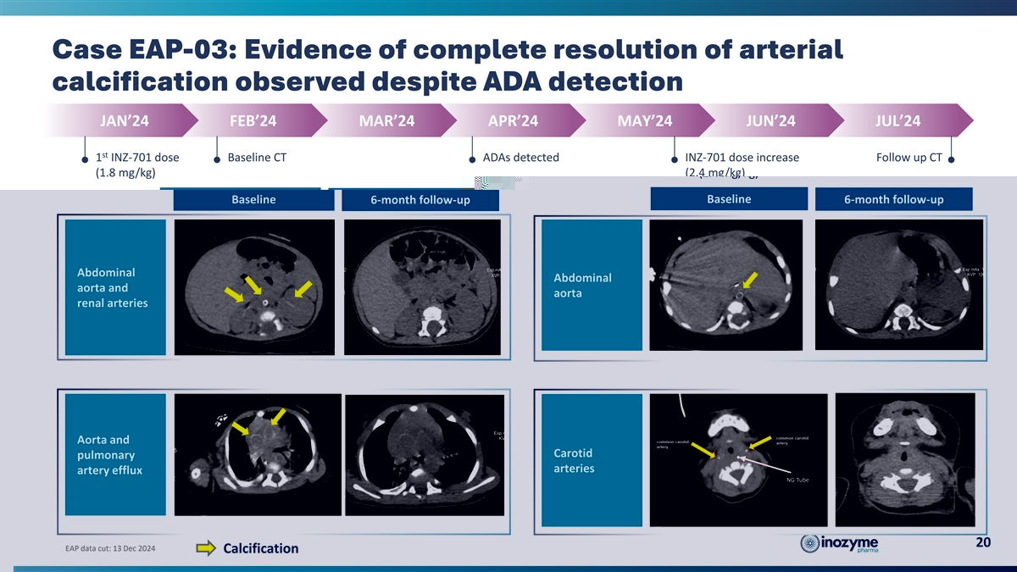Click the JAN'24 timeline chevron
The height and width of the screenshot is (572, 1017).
124,120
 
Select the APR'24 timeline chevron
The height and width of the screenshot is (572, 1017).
513,120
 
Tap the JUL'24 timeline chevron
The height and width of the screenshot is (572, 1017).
898,120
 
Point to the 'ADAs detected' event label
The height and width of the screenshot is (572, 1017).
520,158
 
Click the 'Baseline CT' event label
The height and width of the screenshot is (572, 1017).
258,158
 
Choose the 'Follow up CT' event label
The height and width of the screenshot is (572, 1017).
909,158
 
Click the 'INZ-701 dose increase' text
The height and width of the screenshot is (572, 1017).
742,158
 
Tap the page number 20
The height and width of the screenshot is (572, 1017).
982,543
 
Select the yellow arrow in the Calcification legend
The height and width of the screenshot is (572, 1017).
206,548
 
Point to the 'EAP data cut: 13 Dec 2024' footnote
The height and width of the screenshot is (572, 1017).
110,548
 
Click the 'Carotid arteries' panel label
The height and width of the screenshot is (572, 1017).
574,460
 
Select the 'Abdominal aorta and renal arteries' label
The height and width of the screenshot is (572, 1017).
112,288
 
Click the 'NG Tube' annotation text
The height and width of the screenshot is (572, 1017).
797,480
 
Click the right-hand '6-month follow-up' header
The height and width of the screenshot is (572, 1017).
893,200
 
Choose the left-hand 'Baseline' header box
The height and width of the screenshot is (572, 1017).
253,200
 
